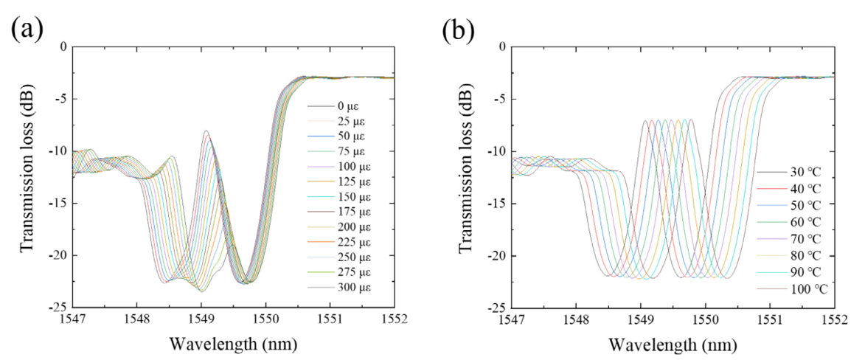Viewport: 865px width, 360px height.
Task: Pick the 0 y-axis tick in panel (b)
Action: pos(501,46)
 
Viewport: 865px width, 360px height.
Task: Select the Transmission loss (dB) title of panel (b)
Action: pos(466,176)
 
